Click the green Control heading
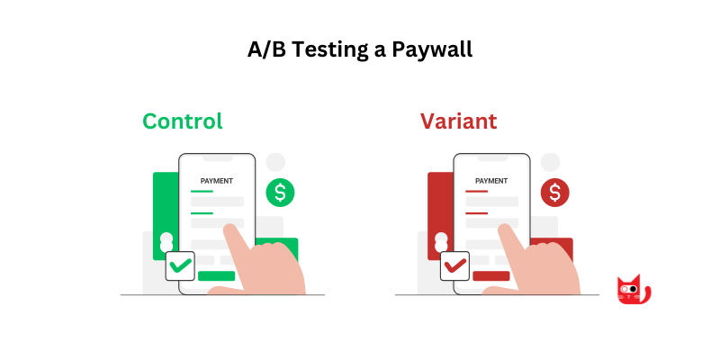(183, 121)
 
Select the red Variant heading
(458, 121)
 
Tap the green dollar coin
(280, 192)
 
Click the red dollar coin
(554, 192)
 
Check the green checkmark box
(180, 265)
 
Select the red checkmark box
(454, 265)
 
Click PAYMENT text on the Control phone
(217, 181)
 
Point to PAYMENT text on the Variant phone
(491, 181)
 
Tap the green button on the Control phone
(216, 275)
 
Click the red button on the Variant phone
(490, 275)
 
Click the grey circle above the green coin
(275, 162)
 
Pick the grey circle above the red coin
(550, 162)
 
